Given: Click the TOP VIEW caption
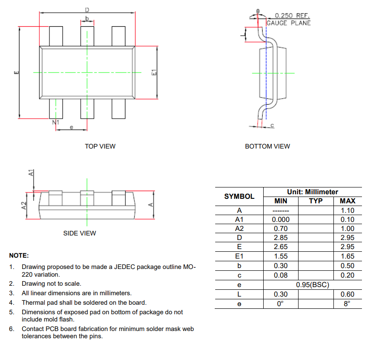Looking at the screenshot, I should (x=100, y=146).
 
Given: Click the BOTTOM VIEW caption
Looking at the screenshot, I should (x=267, y=146).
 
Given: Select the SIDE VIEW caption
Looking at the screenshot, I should (x=79, y=233).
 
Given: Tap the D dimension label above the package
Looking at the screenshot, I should (x=87, y=10).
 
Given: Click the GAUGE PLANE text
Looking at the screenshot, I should (x=289, y=23).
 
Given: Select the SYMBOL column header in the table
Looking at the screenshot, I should (x=239, y=197).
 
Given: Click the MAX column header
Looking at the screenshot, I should (x=347, y=201).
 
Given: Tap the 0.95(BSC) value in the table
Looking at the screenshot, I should (x=312, y=285).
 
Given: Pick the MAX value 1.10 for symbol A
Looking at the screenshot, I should (x=347, y=211).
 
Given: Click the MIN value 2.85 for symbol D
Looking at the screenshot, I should (x=280, y=238).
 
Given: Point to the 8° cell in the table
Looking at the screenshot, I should (x=347, y=304).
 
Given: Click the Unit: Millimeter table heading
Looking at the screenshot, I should (x=312, y=192).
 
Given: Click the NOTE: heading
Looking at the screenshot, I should (x=19, y=255).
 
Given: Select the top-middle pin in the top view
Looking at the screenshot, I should (x=87, y=36).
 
